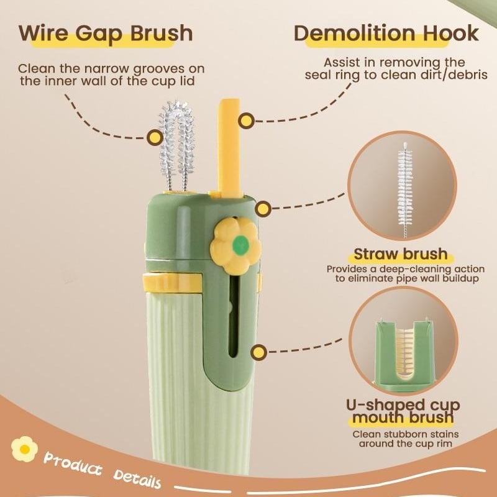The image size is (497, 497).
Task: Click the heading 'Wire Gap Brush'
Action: pyautogui.click(x=106, y=33)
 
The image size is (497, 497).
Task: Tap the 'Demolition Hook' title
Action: pyautogui.click(x=386, y=33)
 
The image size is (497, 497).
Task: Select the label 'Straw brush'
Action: pyautogui.click(x=401, y=254)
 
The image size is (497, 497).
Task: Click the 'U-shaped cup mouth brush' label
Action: pyautogui.click(x=403, y=411)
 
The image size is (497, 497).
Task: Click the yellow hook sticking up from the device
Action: pyautogui.click(x=230, y=147)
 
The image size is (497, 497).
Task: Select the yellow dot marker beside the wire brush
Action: pyautogui.click(x=155, y=137)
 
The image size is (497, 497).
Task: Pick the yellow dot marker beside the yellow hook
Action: pyautogui.click(x=246, y=121)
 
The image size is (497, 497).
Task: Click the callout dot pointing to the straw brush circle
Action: pyautogui.click(x=263, y=209)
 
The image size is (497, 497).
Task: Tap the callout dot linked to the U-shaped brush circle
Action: pyautogui.click(x=259, y=352)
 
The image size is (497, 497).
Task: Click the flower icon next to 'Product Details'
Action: pyautogui.click(x=24, y=449)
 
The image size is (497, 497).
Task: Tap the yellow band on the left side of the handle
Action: pyautogui.click(x=173, y=282)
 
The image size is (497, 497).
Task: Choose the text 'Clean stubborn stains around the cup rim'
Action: pyautogui.click(x=406, y=439)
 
